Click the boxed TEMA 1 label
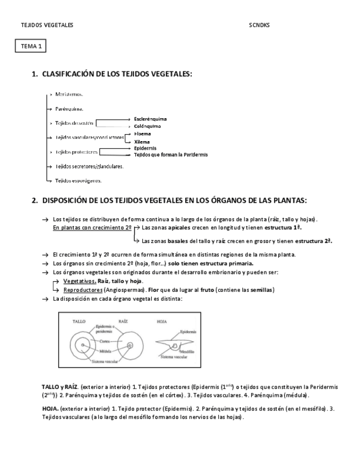pyautogui.click(x=31, y=46)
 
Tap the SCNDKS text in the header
pyautogui.click(x=259, y=25)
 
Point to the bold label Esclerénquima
pyautogui.click(x=151, y=119)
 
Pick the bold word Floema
pyautogui.click(x=142, y=134)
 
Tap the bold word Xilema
pyautogui.click(x=142, y=141)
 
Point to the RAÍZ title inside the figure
pyautogui.click(x=123, y=320)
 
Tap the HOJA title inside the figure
pyautogui.click(x=162, y=320)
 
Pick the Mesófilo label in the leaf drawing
pyautogui.click(x=187, y=350)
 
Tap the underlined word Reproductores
pyautogui.click(x=81, y=290)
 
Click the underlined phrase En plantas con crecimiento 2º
pyautogui.click(x=92, y=227)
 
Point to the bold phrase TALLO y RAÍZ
pyautogui.click(x=59, y=387)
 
